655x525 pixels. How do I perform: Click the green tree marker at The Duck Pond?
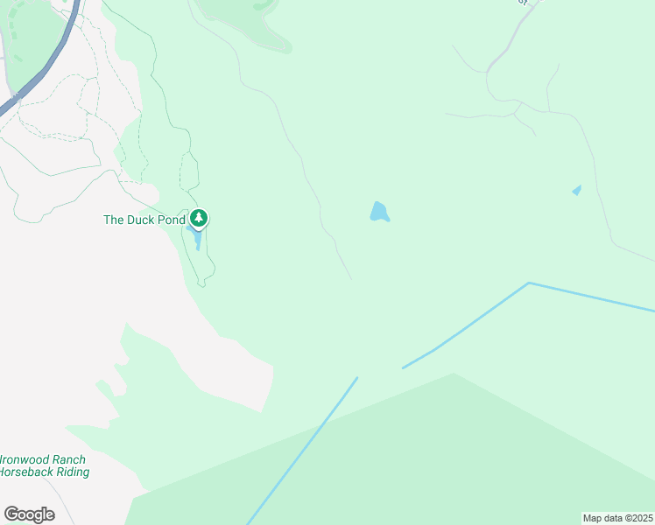pos(200,217)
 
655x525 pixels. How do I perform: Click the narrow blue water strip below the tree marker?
pos(198,239)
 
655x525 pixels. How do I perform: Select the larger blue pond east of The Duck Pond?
pos(379,212)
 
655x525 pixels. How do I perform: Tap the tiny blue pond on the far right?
pos(576,190)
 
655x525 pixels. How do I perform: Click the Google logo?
pos(29,514)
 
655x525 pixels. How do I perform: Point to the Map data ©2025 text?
pos(618,517)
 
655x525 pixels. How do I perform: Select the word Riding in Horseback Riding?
pos(71,472)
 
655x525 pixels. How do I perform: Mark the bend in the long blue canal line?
pos(529,283)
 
